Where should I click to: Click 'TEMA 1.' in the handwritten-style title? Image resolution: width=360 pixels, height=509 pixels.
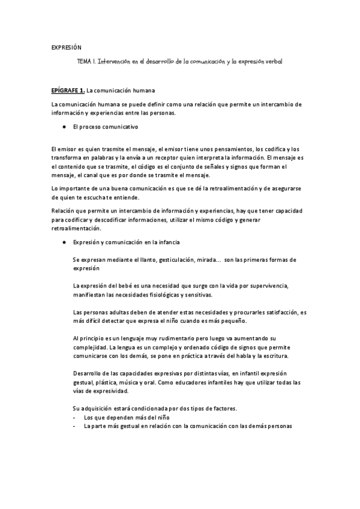pyautogui.click(x=86, y=62)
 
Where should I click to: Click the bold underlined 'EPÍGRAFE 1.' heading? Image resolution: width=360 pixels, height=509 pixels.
pyautogui.click(x=68, y=91)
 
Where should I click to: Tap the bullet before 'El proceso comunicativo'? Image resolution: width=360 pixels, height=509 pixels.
pyautogui.click(x=64, y=127)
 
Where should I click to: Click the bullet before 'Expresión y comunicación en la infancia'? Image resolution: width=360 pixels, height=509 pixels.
pyautogui.click(x=64, y=242)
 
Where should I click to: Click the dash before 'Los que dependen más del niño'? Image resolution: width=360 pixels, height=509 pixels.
pyautogui.click(x=74, y=417)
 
